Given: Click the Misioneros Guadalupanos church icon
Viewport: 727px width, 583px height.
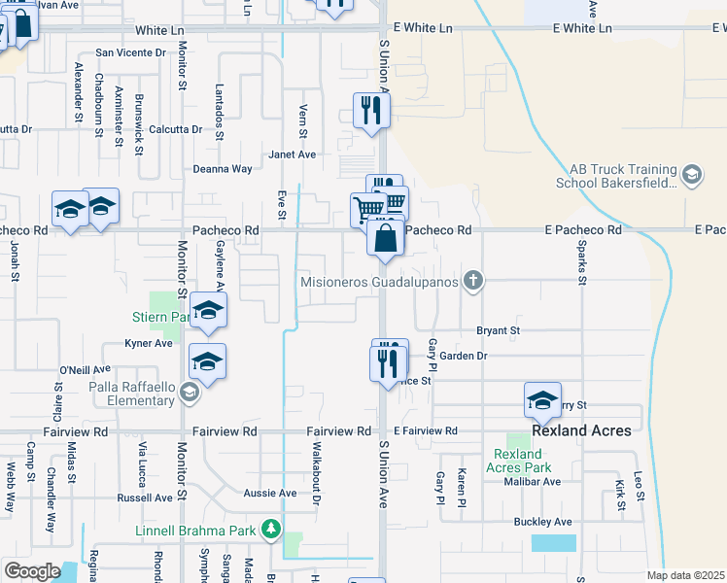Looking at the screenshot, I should [472, 282].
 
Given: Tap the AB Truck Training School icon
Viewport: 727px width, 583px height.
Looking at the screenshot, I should [692, 175].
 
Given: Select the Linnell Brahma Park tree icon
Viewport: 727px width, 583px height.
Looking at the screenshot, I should [273, 531].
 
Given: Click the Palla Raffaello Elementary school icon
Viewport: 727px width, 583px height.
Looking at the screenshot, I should [190, 394].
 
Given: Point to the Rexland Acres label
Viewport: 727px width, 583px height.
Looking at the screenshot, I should [582, 429].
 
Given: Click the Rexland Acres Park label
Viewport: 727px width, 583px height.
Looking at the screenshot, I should [517, 461].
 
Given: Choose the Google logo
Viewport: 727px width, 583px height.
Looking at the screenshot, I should [32, 570].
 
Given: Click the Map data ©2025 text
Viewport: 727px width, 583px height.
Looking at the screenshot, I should [685, 575].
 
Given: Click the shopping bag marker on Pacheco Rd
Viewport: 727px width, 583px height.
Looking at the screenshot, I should [386, 238].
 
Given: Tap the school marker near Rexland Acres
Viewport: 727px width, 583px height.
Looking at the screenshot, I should [542, 399].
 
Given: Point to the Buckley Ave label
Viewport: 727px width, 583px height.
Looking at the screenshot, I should [542, 522].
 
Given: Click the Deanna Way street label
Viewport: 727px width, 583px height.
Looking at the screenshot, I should [223, 169].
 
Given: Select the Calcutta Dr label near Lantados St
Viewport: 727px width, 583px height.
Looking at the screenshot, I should [176, 129].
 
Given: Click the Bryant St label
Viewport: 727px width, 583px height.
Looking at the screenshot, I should [499, 331].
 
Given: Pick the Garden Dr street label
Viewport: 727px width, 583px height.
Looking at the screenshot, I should [463, 357].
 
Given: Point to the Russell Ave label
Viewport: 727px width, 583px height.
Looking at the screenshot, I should [145, 497].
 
